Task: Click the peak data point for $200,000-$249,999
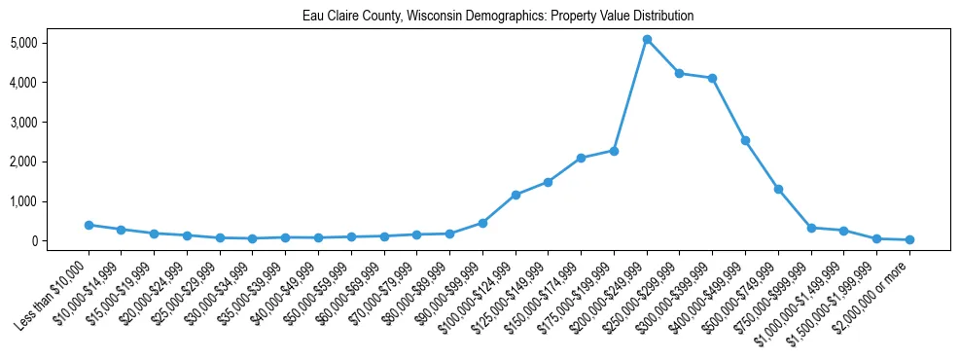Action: click(x=647, y=40)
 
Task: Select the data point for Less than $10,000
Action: click(x=89, y=225)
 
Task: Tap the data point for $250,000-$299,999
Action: click(x=680, y=74)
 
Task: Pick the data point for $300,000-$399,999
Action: click(x=713, y=79)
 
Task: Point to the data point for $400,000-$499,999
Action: click(x=746, y=141)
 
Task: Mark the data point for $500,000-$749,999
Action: click(x=778, y=189)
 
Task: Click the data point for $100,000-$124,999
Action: click(x=516, y=195)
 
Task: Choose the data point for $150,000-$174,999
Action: click(x=581, y=158)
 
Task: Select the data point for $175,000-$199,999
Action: click(x=614, y=151)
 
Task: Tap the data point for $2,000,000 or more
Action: click(x=909, y=239)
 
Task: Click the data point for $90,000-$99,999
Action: click(x=482, y=223)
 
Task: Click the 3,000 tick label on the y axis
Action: click(x=23, y=123)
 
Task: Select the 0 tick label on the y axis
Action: click(x=33, y=241)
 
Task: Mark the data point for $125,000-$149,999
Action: click(x=549, y=182)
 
